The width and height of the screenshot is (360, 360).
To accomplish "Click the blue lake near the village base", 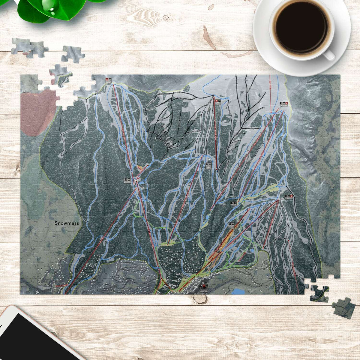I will click(x=238, y=291).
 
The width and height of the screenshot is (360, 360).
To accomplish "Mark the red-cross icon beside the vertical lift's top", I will click(x=217, y=101).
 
